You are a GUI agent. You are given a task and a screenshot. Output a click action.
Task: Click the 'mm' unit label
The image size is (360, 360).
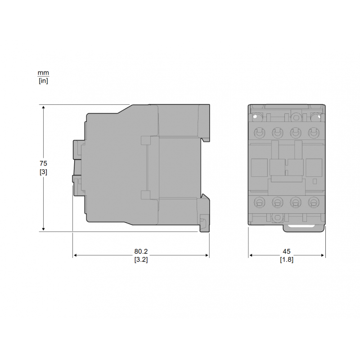click(43, 73)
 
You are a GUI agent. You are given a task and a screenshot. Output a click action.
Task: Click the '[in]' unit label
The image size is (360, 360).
click(43, 81)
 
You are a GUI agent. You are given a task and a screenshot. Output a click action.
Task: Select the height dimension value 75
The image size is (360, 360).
click(43, 163)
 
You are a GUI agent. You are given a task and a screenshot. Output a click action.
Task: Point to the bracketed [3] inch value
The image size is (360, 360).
click(43, 171)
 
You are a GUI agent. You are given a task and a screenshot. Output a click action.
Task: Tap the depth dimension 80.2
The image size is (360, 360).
click(141, 252)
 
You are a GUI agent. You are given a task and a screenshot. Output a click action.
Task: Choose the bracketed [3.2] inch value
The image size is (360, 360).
click(141, 260)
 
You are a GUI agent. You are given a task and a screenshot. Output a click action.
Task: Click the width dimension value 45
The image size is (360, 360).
click(287, 252)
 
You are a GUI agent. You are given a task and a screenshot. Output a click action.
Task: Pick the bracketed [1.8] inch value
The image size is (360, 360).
click(287, 260)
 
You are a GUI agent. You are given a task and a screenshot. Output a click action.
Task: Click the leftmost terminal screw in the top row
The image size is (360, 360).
click(259, 133)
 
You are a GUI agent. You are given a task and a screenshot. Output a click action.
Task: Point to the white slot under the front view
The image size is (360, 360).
click(303, 226)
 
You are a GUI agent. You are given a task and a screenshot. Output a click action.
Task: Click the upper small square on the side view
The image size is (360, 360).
click(145, 141)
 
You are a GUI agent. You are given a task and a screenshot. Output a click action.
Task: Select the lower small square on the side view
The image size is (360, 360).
click(145, 194)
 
